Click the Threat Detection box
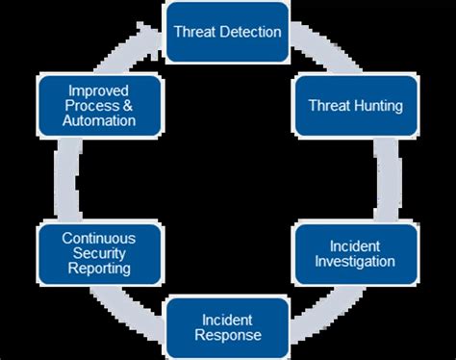coord(227,32)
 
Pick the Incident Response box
coord(227,326)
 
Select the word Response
coord(227,335)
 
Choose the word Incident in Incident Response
coord(227,319)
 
